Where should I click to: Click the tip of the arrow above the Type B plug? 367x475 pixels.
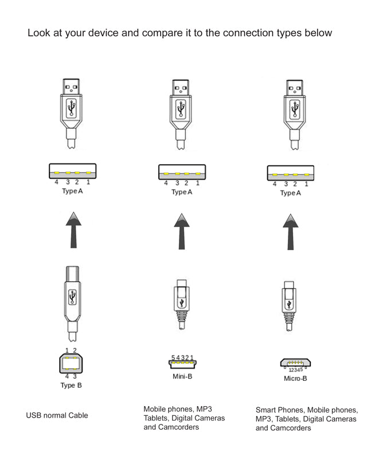73,212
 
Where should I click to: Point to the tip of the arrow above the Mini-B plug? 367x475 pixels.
182,213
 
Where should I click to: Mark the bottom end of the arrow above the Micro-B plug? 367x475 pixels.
290,250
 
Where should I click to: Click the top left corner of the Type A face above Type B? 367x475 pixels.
49,164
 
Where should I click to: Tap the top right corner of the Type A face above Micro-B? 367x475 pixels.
314,166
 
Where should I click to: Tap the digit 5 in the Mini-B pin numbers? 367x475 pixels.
173,358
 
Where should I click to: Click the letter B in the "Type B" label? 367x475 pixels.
79,386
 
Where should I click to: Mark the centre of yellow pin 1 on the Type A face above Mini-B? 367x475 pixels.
198,174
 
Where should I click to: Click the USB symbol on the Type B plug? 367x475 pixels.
72,297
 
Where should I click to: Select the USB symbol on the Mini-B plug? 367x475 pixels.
182,302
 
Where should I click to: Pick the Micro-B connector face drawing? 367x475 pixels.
295,363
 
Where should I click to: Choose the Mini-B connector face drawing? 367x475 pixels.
182,364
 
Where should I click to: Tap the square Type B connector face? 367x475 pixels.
71,363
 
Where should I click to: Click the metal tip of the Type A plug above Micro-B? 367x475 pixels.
294,88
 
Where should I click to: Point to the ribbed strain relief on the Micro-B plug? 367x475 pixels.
289,318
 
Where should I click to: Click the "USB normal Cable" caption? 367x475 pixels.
57,415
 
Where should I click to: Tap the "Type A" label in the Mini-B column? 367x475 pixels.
182,192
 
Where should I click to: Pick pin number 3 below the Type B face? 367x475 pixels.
75,376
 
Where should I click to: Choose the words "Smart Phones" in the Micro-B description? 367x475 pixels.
279,410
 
